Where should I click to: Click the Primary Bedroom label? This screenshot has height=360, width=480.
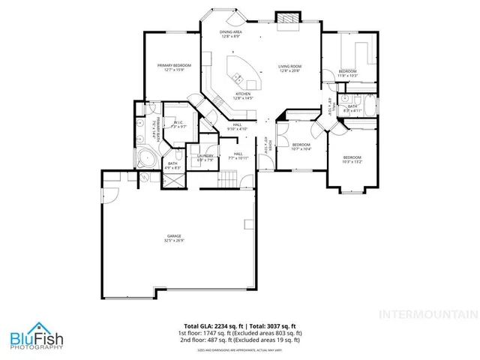tap(173, 68)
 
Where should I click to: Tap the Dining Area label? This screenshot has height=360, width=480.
tap(230, 34)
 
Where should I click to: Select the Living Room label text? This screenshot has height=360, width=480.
tap(289, 68)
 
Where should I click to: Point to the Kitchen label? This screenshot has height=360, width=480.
tap(243, 96)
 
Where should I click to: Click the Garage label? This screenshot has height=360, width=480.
tap(173, 239)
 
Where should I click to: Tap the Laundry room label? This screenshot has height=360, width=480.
tap(205, 157)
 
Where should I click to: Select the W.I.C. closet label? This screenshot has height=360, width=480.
tap(179, 124)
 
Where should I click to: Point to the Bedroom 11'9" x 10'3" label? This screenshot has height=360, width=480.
tap(346, 73)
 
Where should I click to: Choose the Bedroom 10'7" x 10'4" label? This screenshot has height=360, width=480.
tap(301, 146)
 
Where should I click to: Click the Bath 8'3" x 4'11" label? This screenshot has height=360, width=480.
tap(352, 109)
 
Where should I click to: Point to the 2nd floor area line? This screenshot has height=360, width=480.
tap(239, 340)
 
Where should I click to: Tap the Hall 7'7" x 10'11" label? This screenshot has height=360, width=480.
tap(237, 156)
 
